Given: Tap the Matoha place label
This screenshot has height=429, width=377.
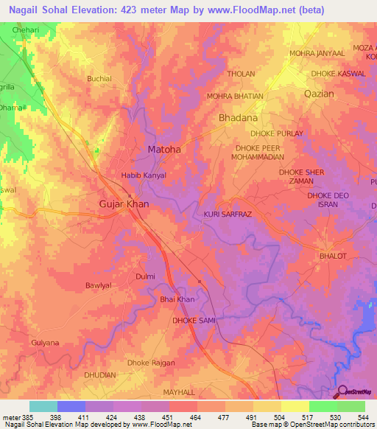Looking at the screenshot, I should [164, 150].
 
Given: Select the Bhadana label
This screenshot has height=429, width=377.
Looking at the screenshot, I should [239, 118].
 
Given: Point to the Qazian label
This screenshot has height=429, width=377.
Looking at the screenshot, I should [319, 94].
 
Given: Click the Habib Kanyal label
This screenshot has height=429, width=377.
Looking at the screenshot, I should [144, 175].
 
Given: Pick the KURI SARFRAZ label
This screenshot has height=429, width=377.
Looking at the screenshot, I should [228, 214].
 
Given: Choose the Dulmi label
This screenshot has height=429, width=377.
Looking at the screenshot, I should [145, 276].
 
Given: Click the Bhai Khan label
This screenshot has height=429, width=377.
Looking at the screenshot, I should [177, 299].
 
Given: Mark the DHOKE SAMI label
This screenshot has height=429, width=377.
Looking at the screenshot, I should [193, 321].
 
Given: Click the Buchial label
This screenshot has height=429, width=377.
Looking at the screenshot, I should [99, 79].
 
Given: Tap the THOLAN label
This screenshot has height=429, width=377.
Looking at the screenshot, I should [241, 74].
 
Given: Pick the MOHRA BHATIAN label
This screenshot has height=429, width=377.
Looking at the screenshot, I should [234, 97].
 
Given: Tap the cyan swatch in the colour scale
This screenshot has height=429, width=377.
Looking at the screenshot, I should [43, 407].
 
